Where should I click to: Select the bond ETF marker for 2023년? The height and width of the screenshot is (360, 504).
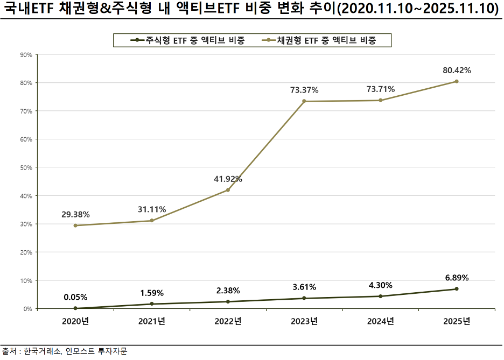click(304, 101)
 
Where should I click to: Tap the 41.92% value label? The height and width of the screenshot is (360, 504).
click(228, 179)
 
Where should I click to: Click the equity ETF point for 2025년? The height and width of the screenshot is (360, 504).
click(457, 289)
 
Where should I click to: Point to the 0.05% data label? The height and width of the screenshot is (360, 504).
click(75, 297)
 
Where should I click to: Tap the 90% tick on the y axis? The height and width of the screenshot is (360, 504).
click(26, 54)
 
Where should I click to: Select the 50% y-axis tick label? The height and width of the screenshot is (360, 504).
click(26, 167)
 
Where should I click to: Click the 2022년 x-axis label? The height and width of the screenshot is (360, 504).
click(228, 322)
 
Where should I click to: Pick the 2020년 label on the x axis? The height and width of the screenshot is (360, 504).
click(75, 322)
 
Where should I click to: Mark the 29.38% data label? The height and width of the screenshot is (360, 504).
click(75, 214)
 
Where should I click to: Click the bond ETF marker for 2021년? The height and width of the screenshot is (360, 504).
click(152, 221)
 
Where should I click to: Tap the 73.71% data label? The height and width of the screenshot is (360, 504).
click(380, 89)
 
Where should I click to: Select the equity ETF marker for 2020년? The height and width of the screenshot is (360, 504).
click(75, 308)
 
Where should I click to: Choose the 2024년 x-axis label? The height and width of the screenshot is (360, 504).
click(380, 322)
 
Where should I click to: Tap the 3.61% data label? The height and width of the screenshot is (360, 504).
click(304, 287)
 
